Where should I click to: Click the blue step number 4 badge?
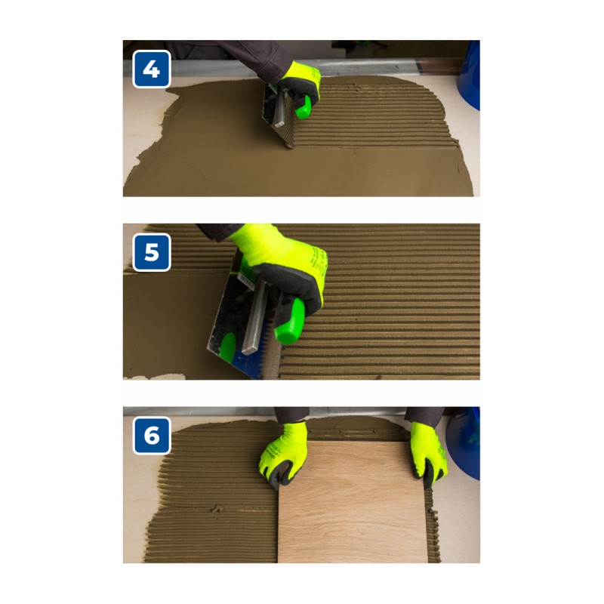pyautogui.click(x=152, y=69)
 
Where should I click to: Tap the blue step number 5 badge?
pyautogui.click(x=152, y=252)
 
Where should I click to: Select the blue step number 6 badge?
pyautogui.click(x=152, y=436)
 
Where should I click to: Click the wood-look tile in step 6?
pyautogui.click(x=353, y=503)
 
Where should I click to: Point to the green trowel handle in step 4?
pyautogui.click(x=304, y=107)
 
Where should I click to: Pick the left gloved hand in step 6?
pyautogui.click(x=283, y=455)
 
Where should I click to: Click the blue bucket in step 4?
pyautogui.click(x=469, y=75)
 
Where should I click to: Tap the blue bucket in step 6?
pyautogui.click(x=464, y=443)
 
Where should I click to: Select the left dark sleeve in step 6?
pyautogui.click(x=291, y=414)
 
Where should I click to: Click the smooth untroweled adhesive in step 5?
pyautogui.click(x=169, y=324)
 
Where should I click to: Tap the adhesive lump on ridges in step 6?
pyautogui.click(x=217, y=509)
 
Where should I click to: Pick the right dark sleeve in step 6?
pyautogui.click(x=424, y=414)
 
